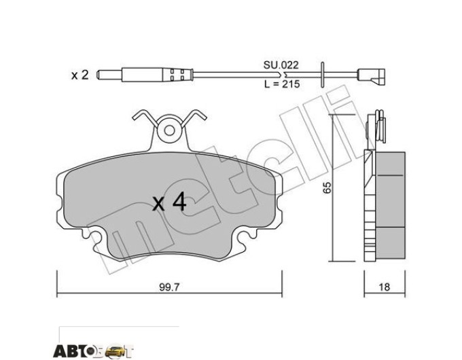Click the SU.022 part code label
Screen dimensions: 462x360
pyautogui.click(x=281, y=65)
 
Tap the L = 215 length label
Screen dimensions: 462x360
pyautogui.click(x=282, y=84)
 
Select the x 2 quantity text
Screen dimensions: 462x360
pyautogui.click(x=80, y=75)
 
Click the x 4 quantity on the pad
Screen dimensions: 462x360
pyautogui.click(x=169, y=202)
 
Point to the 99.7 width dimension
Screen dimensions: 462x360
pyautogui.click(x=169, y=287)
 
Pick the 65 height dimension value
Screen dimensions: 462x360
pyautogui.click(x=327, y=187)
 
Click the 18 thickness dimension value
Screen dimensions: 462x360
pyautogui.click(x=385, y=287)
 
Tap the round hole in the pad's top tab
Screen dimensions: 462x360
pyautogui.click(x=169, y=130)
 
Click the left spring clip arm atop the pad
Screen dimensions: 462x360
pyautogui.click(x=144, y=118)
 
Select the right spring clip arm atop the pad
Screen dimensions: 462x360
pyautogui.click(x=194, y=118)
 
